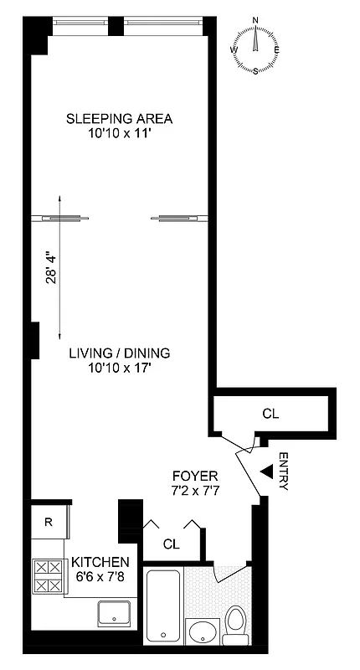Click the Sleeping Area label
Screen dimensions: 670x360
point(125,117)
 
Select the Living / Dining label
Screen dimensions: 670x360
point(125,353)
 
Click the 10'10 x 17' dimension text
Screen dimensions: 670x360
point(125,367)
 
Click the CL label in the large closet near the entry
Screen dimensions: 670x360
point(270,413)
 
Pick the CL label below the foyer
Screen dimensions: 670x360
point(172,544)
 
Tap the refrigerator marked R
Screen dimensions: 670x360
point(49,523)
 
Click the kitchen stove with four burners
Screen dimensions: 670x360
point(49,576)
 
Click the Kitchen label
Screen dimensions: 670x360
point(100,561)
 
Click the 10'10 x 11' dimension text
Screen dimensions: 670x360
point(125,131)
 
